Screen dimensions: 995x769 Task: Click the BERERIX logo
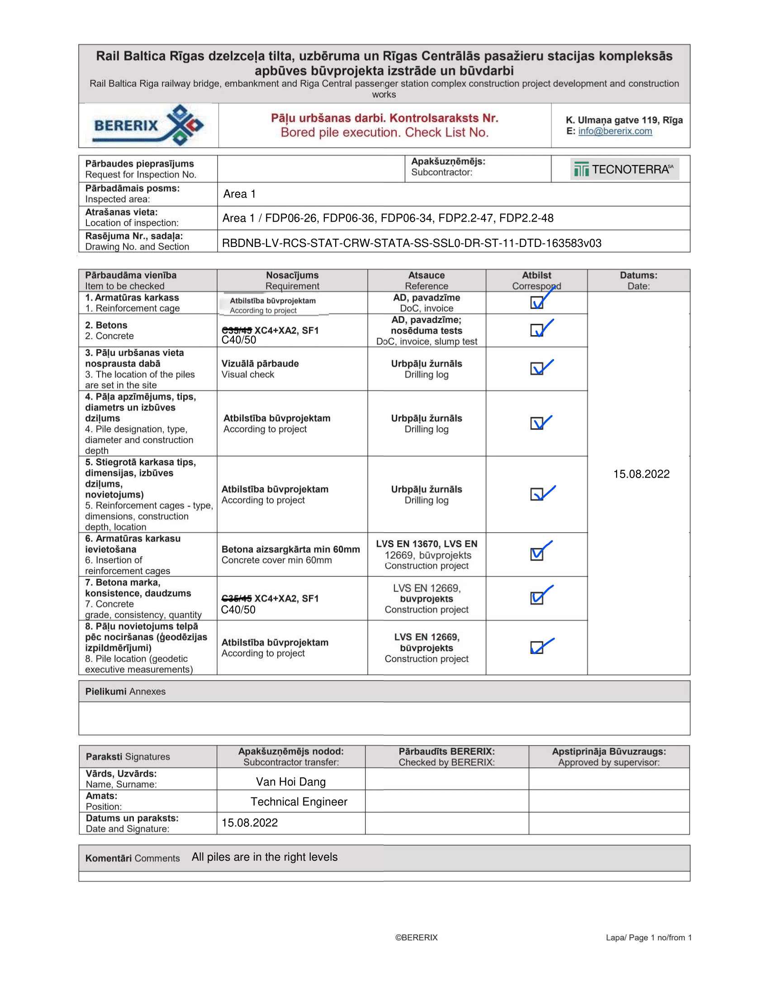coord(148,125)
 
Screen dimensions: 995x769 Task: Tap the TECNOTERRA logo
coord(624,169)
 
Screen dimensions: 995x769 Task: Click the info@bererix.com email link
coord(615,131)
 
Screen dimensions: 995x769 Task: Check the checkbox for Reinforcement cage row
coord(536,303)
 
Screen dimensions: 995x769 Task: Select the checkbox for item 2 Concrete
coord(536,330)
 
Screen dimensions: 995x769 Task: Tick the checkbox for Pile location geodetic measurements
coord(536,647)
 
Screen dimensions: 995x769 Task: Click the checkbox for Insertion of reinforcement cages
coord(536,554)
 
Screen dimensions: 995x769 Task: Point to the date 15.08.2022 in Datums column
coord(641,474)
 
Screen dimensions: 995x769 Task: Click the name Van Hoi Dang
coord(291,782)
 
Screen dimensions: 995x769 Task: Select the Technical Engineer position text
coord(299,802)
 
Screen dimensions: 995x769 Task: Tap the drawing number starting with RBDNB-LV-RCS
coord(411,243)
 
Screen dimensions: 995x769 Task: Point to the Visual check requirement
coord(247,374)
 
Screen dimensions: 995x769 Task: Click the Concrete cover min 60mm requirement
coord(276,560)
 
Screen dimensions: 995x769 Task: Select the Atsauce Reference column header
coord(427,281)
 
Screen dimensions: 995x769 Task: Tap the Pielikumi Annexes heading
coord(125,691)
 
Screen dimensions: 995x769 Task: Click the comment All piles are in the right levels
coord(264,857)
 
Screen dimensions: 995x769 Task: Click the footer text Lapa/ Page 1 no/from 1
coord(648,937)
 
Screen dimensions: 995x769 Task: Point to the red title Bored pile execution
coord(384,133)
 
